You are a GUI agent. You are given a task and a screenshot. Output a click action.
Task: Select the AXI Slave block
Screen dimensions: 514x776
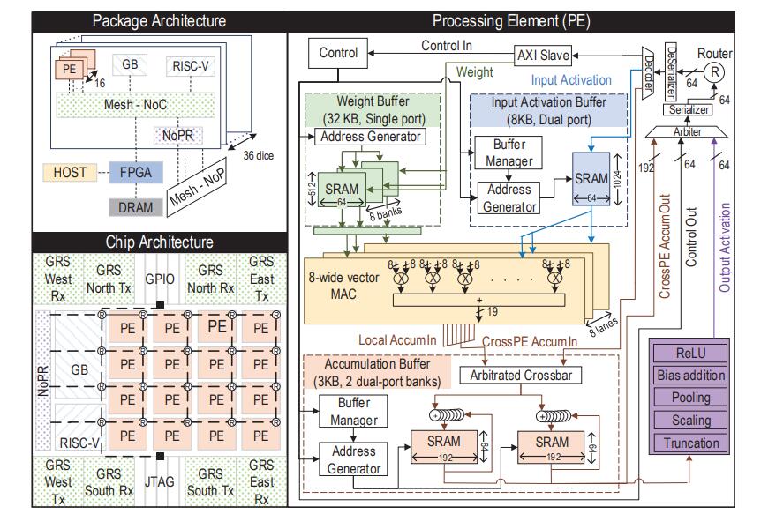[542, 54]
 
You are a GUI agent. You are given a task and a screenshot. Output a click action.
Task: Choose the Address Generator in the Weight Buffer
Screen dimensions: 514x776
[372, 138]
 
